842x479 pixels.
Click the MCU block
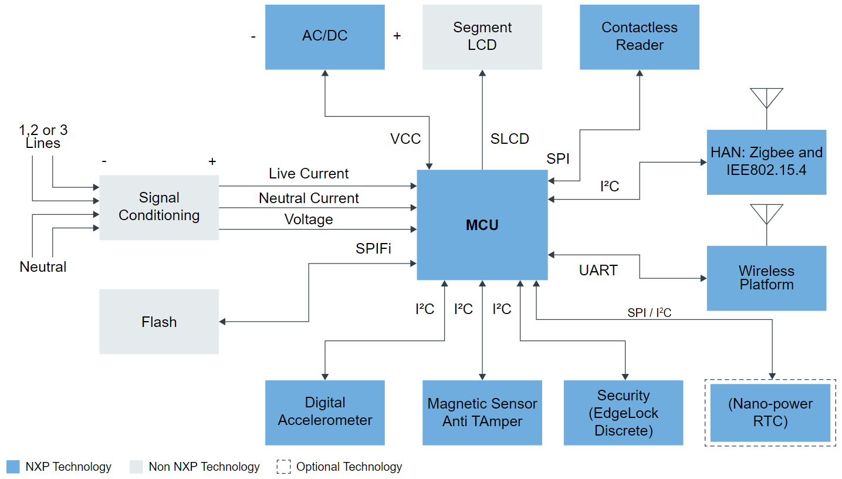pos(482,225)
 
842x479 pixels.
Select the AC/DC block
pos(324,36)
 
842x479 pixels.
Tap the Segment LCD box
pos(482,36)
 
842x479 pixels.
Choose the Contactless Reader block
pos(639,36)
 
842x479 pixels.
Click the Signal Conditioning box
pos(159,207)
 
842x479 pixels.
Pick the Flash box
pos(159,322)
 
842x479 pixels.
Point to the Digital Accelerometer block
pos(324,412)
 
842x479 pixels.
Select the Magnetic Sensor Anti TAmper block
pos(482,412)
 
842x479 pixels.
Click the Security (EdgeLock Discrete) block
pos(623,412)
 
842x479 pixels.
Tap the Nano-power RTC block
pos(770,413)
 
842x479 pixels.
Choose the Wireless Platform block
pos(766,278)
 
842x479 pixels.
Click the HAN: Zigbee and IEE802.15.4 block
pos(766,161)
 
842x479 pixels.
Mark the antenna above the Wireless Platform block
pos(766,215)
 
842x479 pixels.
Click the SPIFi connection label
pos(373,249)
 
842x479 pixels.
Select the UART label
pos(598,271)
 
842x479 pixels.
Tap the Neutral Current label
pos(309,198)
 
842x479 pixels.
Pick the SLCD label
pos(509,139)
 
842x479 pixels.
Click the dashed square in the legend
pos(283,467)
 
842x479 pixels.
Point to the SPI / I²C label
pos(649,313)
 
